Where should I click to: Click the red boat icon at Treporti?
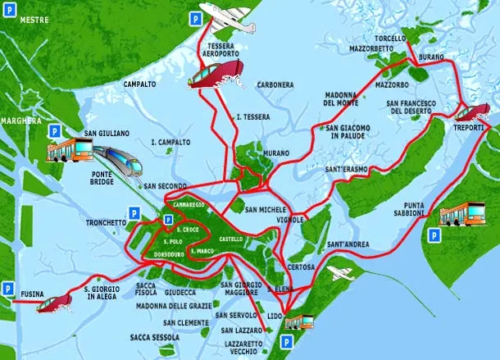pos(472,112)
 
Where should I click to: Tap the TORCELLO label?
pos(389,39)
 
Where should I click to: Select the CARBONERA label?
pos(275,84)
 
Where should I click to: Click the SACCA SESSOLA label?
pos(155,337)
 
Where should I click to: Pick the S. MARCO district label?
pos(201,250)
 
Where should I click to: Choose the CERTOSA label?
pos(302,267)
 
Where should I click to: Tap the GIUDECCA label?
pos(180,292)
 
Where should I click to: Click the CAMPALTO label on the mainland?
pos(139,84)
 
